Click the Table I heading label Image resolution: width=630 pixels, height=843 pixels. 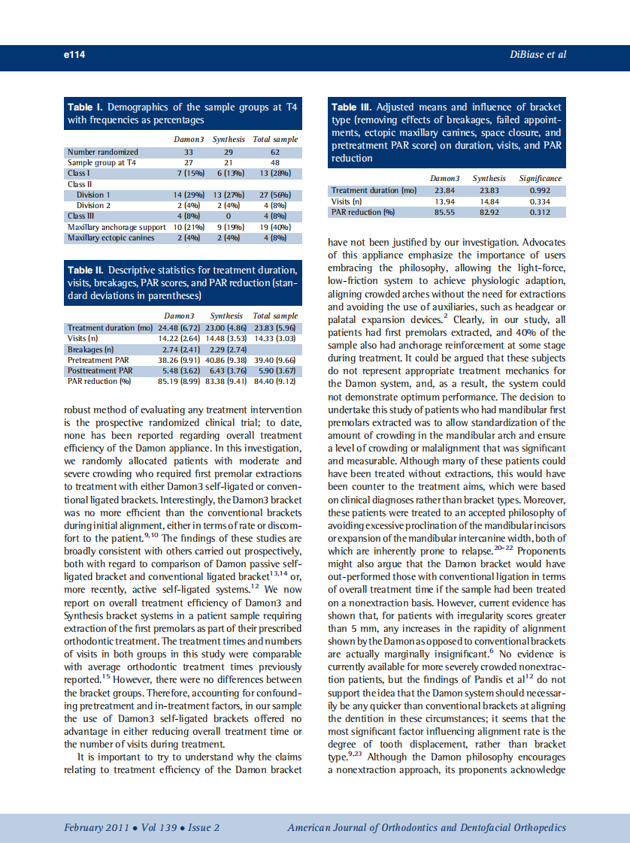coord(87,107)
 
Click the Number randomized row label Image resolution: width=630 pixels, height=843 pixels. coord(102,152)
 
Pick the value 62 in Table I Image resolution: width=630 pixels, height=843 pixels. coord(275,152)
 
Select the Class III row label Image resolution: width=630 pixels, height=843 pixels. coord(81,216)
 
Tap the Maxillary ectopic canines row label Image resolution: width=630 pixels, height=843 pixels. coord(111,238)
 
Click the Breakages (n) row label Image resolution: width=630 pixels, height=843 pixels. coord(90,349)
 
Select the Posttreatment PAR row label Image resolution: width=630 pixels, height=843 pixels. coord(100,370)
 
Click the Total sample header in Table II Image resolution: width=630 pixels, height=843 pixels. coord(275,316)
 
